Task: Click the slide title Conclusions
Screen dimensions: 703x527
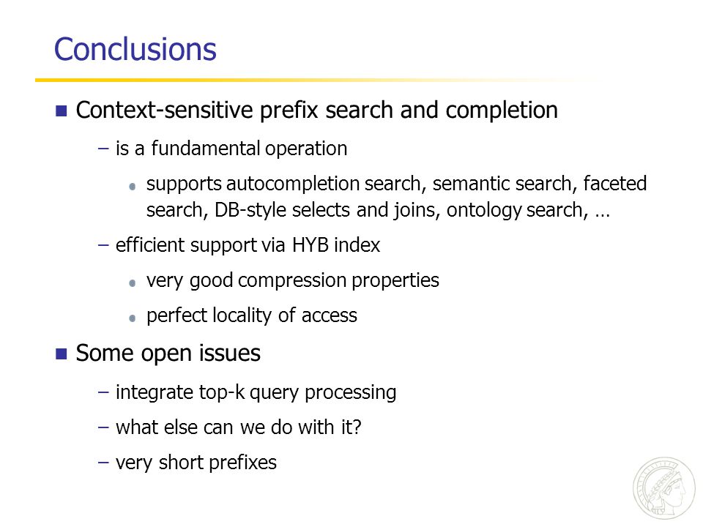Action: point(135,49)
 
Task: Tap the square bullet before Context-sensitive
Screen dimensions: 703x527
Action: point(62,111)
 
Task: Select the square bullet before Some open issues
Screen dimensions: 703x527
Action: point(62,354)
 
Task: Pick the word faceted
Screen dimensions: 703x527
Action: point(614,183)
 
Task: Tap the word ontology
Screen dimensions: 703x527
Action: point(484,210)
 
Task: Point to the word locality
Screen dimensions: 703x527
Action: point(242,315)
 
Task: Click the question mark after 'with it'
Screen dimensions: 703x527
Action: point(357,427)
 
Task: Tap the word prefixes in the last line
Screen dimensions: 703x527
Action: point(242,463)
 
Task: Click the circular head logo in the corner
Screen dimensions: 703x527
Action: point(664,488)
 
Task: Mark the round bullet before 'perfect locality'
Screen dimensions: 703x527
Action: point(133,318)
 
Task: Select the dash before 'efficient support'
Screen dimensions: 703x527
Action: point(103,245)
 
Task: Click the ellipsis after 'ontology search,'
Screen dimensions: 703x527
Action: point(603,215)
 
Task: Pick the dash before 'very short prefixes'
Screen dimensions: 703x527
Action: point(103,463)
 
